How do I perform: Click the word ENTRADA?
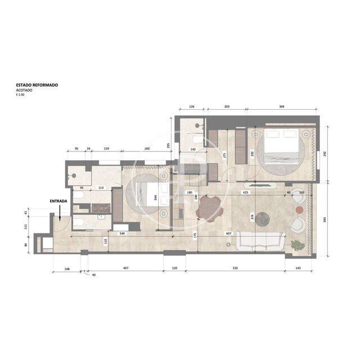click(58, 200)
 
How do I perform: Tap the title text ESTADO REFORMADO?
click(37, 85)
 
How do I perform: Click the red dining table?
click(210, 208)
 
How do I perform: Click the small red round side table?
click(299, 210)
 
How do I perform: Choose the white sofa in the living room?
click(259, 241)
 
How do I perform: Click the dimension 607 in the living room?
click(228, 233)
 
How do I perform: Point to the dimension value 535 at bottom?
click(236, 268)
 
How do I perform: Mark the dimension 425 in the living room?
click(245, 192)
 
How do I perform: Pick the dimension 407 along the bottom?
click(126, 268)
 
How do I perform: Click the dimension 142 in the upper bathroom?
click(192, 150)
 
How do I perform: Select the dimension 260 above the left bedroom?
click(147, 149)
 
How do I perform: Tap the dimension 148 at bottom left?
click(67, 268)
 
